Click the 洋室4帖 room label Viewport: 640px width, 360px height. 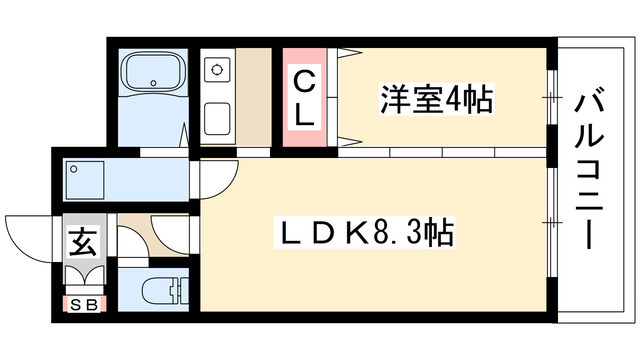click(x=436, y=99)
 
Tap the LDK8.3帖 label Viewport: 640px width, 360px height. click(x=364, y=232)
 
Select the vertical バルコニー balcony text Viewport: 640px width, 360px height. click(x=589, y=172)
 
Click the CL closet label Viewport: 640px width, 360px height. click(x=304, y=98)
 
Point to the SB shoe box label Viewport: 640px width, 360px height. click(x=84, y=304)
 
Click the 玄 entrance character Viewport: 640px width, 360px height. click(x=84, y=242)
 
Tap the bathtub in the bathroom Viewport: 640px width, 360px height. click(x=153, y=73)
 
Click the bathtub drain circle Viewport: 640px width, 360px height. click(x=153, y=83)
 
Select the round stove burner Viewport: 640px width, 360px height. click(x=216, y=70)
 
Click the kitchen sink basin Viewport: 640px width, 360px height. click(x=217, y=119)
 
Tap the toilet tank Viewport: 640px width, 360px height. click(x=181, y=291)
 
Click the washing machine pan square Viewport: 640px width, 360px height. click(x=84, y=180)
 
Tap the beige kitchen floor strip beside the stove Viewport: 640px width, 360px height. click(x=253, y=96)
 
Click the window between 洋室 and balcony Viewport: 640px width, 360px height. click(x=552, y=97)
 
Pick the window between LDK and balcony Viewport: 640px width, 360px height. click(x=552, y=222)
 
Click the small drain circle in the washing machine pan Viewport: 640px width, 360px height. click(x=74, y=169)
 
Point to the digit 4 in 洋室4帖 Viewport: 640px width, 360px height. click(x=453, y=99)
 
